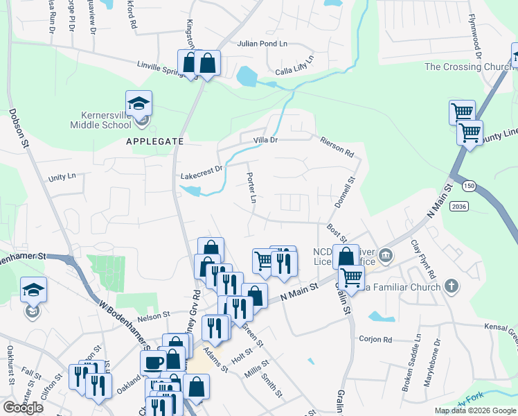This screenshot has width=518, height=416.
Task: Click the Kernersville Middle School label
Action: (100, 119)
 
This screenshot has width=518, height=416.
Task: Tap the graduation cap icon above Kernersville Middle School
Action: (139, 105)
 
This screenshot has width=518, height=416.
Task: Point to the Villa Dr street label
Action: (264, 140)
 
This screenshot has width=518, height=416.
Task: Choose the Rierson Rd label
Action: (337, 145)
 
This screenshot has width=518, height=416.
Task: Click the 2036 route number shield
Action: (458, 207)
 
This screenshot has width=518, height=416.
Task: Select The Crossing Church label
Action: (468, 67)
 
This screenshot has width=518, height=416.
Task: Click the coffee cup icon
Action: (153, 362)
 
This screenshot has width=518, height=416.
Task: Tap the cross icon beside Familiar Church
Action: (451, 286)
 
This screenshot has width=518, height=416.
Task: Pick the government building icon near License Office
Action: (386, 257)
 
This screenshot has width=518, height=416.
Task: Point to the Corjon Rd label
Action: (375, 339)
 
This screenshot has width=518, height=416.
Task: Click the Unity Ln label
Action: (62, 177)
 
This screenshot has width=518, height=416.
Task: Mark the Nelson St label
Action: (153, 315)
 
